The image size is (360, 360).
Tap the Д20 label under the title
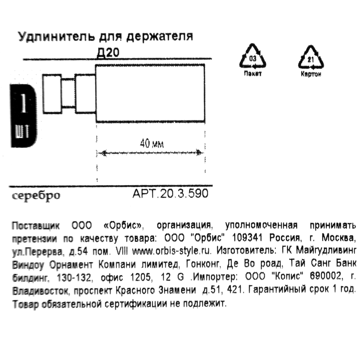click(x=108, y=53)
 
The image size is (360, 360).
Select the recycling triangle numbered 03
click(x=253, y=58)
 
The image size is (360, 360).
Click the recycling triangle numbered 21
click(x=311, y=58)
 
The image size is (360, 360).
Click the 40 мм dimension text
click(x=152, y=144)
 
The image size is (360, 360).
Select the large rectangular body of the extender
click(x=150, y=93)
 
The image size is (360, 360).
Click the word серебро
click(x=36, y=196)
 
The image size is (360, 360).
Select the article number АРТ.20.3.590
click(x=170, y=194)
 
